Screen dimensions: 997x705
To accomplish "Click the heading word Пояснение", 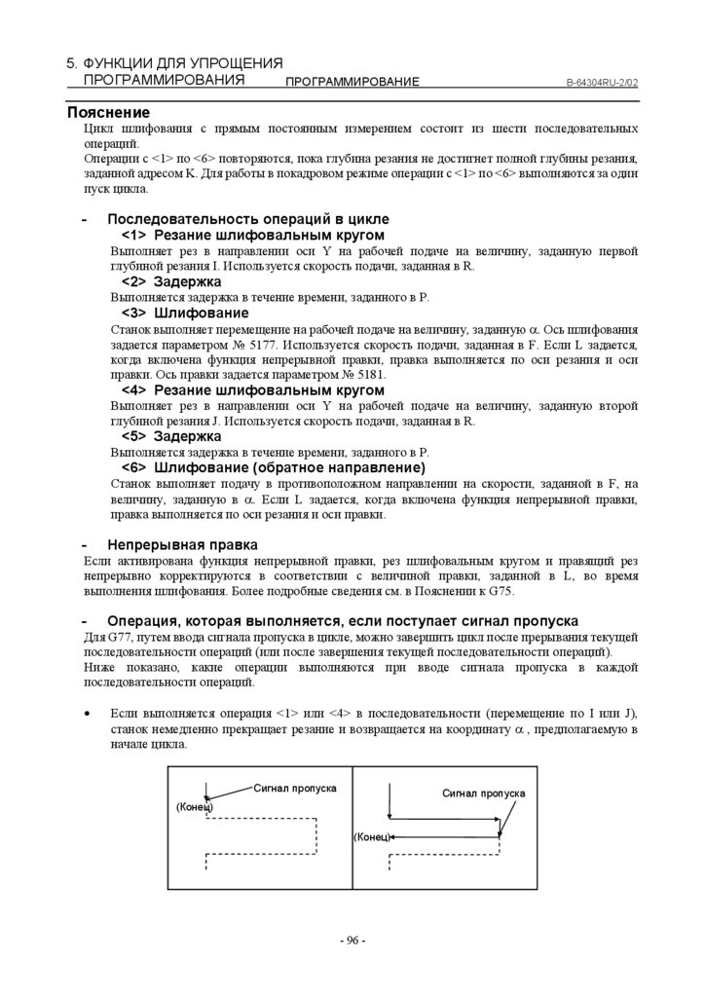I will (108, 113).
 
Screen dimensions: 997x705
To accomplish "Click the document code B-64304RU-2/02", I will (602, 84).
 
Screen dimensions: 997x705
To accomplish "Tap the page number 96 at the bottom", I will (352, 941).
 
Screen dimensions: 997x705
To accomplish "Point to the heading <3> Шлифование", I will (185, 313).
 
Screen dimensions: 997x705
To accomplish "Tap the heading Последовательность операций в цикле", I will (247, 219).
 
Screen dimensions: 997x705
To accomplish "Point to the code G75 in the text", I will (497, 591).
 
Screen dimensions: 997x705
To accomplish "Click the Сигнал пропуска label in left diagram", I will (295, 787).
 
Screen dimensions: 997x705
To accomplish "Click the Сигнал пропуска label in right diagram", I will (484, 794).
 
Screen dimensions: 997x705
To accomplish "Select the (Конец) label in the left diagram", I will (194, 807).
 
